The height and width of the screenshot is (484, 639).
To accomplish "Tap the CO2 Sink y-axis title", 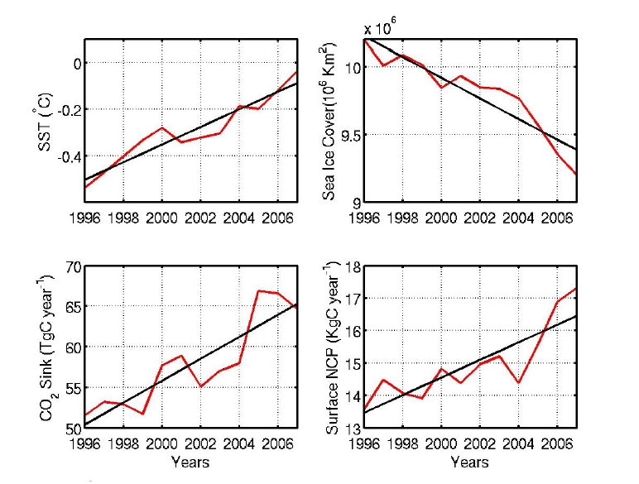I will (48, 347).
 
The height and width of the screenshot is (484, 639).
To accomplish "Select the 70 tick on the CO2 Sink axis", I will (71, 266).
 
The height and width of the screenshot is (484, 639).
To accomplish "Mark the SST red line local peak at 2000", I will (162, 127).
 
